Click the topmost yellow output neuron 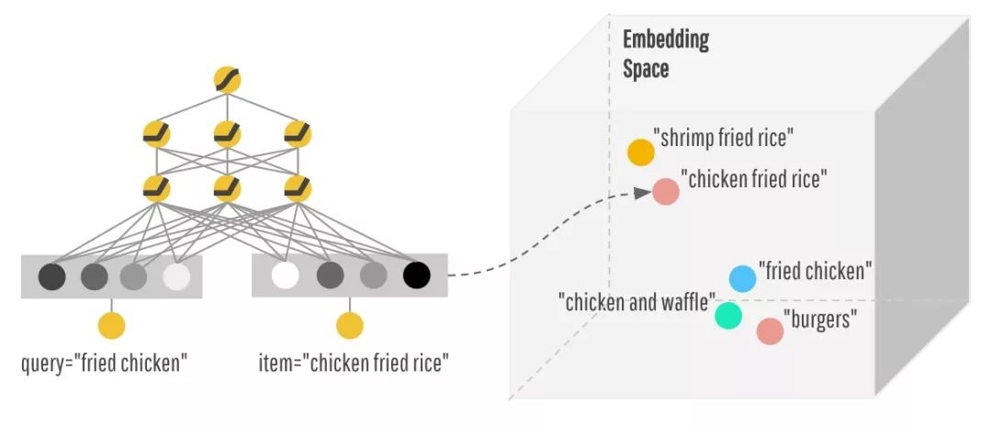pos(226,80)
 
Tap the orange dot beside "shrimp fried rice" pos(640,152)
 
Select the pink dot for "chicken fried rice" pos(666,191)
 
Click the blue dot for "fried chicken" pos(742,278)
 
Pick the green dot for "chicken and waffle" pos(728,315)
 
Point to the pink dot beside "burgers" pos(770,331)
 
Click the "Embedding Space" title pos(666,54)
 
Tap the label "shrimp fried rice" pos(724,138)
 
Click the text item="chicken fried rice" pos(353,363)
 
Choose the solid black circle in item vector pos(416,275)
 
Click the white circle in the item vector pos(286,275)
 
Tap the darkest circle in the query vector pos(51,275)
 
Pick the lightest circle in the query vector pos(176,275)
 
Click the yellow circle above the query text pos(111,325)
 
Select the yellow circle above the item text pos(350,325)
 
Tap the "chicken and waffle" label pos(637,300)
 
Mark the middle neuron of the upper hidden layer pos(226,135)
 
